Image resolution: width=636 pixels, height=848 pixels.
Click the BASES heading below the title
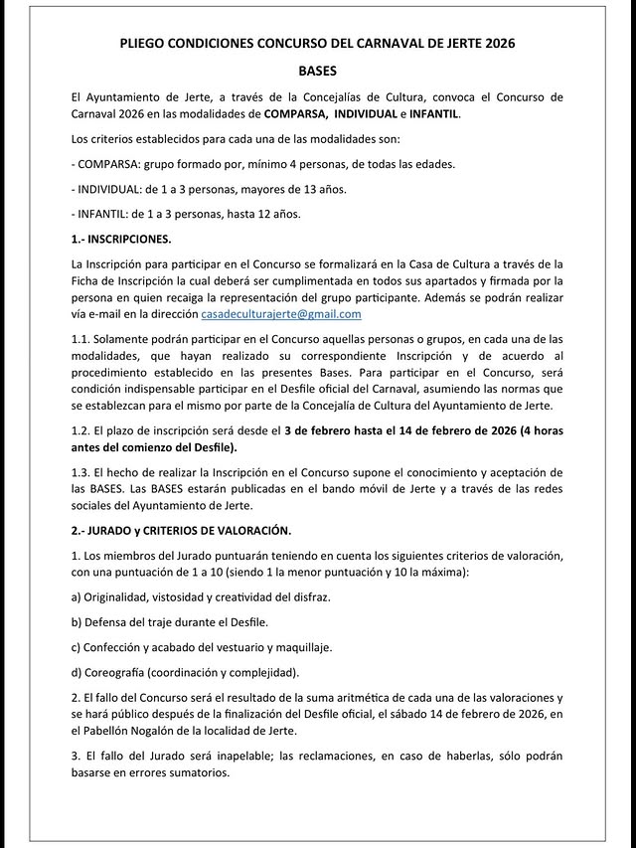coord(318,72)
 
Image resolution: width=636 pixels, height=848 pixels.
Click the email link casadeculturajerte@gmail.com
coord(281,314)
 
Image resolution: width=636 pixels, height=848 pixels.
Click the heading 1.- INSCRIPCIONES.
coord(121,240)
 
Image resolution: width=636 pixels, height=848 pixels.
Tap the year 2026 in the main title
coord(497,44)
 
